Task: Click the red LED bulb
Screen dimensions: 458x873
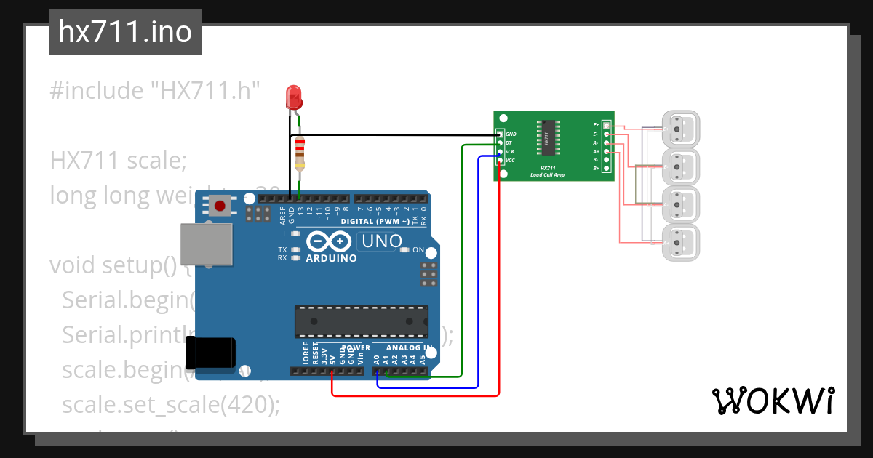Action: point(294,97)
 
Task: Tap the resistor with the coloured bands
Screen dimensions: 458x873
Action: point(300,154)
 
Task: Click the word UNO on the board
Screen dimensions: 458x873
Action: point(381,241)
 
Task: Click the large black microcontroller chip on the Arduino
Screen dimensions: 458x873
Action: point(361,321)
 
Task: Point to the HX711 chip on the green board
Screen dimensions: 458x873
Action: point(547,137)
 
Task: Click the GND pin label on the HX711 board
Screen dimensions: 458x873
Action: point(511,134)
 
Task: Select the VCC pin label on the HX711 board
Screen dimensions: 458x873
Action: point(511,160)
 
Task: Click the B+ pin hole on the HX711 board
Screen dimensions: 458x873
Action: point(606,169)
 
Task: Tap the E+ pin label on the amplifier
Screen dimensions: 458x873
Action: point(596,125)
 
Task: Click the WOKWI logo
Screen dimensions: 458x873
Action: point(773,401)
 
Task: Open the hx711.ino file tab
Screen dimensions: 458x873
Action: point(125,33)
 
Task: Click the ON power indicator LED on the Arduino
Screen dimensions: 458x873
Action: point(405,250)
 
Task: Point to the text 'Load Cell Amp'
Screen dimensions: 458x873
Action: point(547,175)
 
